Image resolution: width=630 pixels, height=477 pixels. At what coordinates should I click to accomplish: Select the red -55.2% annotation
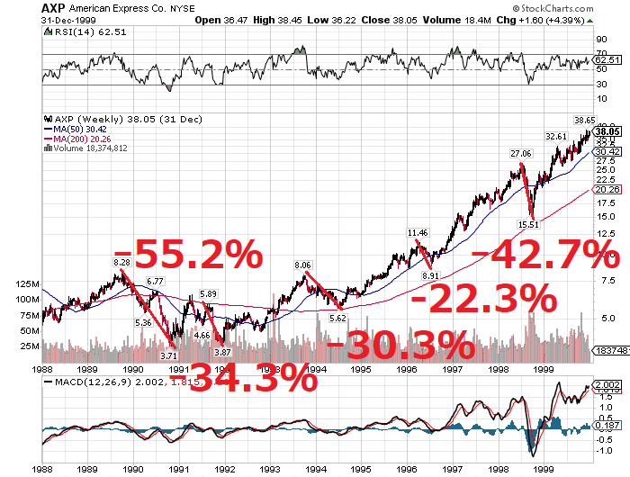click(x=186, y=256)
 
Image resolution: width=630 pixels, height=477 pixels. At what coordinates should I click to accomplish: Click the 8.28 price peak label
click(x=122, y=261)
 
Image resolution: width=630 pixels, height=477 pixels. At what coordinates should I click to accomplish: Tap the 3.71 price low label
click(x=168, y=355)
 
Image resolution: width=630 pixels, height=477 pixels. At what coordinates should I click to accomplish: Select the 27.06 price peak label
click(x=521, y=154)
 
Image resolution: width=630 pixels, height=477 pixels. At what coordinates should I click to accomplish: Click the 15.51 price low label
click(x=528, y=224)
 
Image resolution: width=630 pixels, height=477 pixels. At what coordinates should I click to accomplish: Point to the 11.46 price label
click(x=417, y=232)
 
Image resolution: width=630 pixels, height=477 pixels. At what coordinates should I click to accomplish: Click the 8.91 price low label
click(x=429, y=275)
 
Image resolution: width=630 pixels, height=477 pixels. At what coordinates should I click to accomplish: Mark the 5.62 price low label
click(x=338, y=318)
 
